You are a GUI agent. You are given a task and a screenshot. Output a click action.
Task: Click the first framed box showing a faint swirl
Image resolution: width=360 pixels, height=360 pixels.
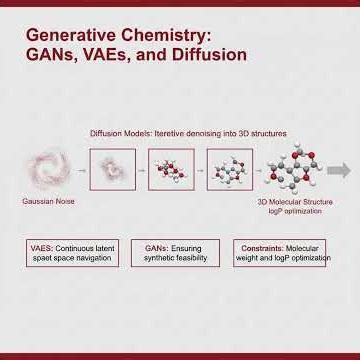pyautogui.click(x=112, y=169)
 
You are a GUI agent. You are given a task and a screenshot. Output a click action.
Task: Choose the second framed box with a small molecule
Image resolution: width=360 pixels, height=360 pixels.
pyautogui.click(x=170, y=169)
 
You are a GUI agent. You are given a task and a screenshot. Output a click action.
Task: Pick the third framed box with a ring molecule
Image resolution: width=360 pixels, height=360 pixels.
pyautogui.click(x=229, y=169)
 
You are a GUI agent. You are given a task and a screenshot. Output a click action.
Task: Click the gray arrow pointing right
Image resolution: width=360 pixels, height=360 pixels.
pyautogui.click(x=340, y=169)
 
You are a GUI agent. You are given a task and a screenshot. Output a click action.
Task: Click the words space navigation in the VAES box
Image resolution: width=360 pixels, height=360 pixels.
pyautogui.click(x=84, y=258)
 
